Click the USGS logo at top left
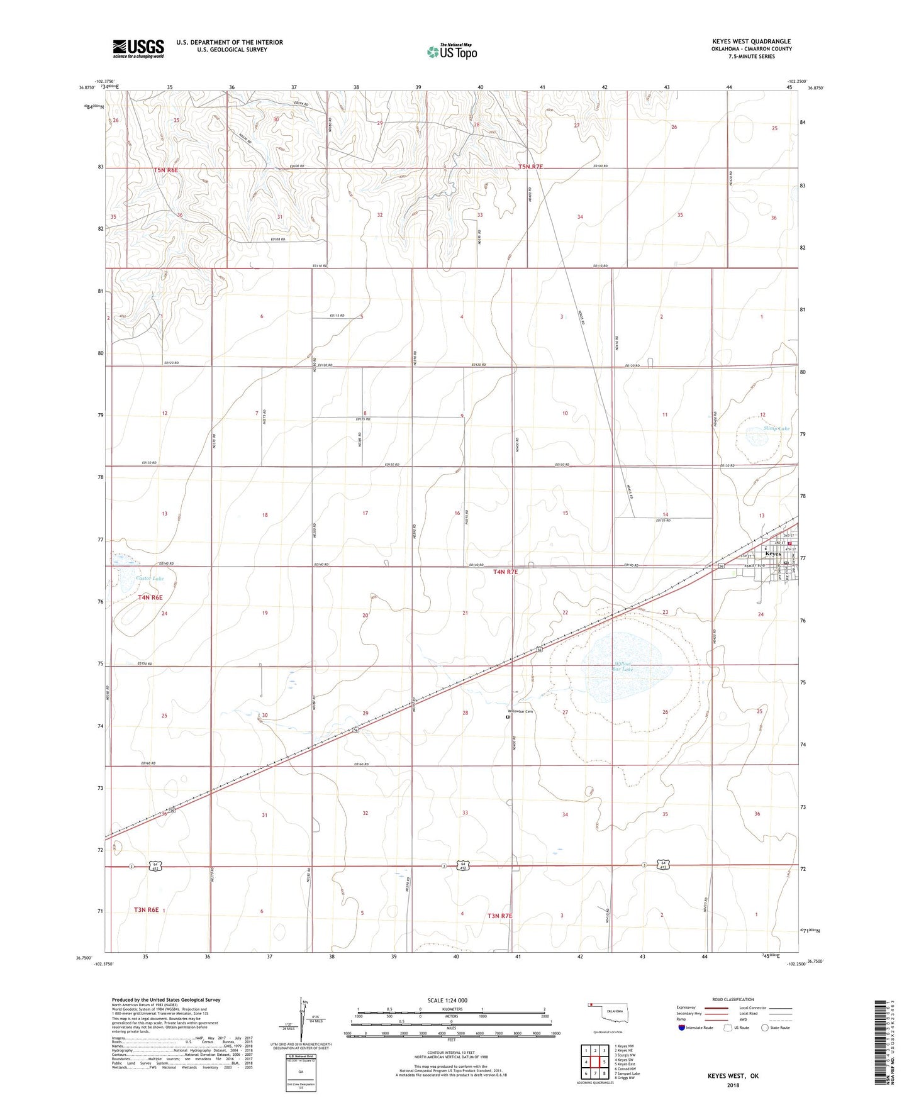click(138, 48)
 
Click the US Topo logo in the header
click(452, 52)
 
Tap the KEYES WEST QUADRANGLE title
click(752, 42)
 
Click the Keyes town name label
click(772, 554)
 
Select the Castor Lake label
click(150, 579)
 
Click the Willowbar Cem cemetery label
click(521, 712)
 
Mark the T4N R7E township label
click(506, 572)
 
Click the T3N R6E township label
click(146, 909)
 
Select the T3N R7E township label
click(500, 916)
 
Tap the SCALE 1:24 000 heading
click(447, 1001)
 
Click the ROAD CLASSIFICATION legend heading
click(733, 1000)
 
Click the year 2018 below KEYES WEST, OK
click(733, 1085)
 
